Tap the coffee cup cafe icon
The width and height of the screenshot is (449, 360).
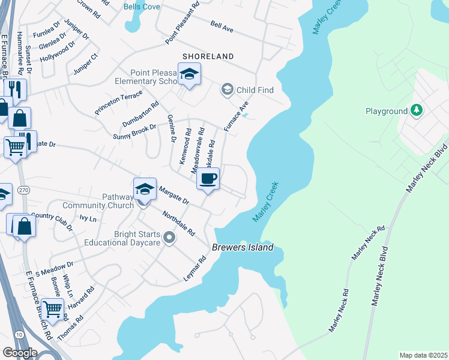click(x=208, y=179)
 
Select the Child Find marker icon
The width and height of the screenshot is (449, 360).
click(x=228, y=90)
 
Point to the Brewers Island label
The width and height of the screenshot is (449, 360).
click(x=243, y=247)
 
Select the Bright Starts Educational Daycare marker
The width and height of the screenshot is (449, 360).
click(x=169, y=238)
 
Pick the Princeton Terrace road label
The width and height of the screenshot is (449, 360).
click(x=118, y=103)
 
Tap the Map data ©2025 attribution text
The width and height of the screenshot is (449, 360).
click(x=423, y=355)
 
